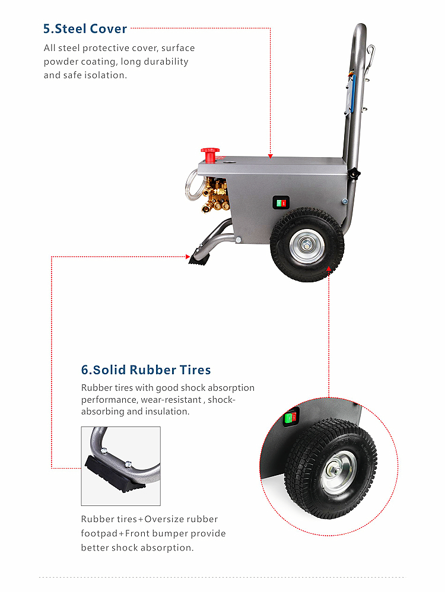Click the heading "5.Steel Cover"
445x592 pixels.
85,28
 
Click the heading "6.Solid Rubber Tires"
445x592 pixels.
146,370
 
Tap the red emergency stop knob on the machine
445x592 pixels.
209,155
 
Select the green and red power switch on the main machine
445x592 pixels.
281,203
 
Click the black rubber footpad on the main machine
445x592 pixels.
199,258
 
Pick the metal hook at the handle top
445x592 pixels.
370,56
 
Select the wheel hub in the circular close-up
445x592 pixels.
338,472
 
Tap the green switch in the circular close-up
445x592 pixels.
290,418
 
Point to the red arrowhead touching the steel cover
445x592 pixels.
270,156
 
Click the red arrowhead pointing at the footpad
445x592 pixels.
187,257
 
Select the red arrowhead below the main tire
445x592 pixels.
329,269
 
